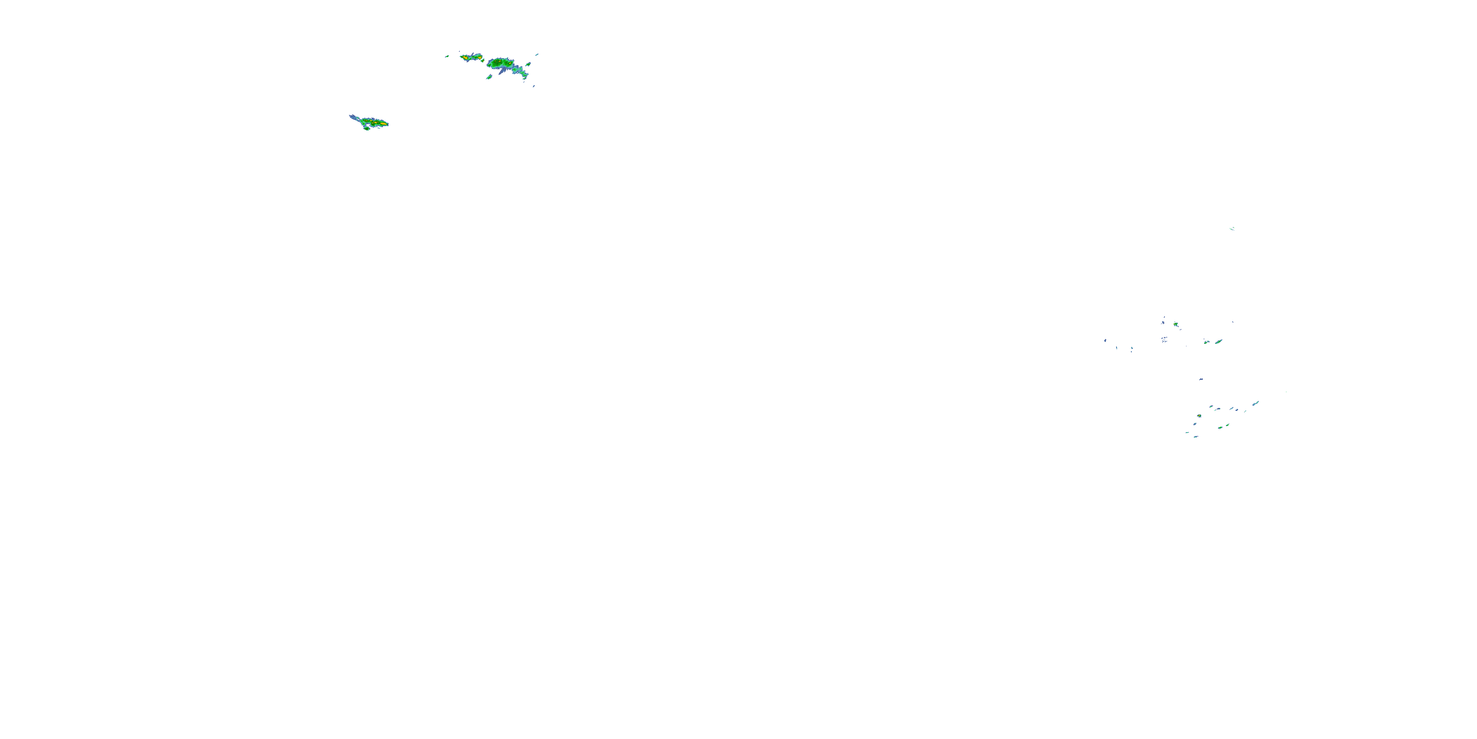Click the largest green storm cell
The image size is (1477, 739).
(x=502, y=63)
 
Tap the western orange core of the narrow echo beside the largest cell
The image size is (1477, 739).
(x=464, y=57)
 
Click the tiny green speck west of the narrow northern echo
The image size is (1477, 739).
(x=447, y=56)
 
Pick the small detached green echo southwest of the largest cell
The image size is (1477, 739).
(x=489, y=77)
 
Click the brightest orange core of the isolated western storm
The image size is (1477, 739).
(x=381, y=123)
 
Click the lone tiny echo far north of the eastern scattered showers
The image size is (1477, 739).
(x=1232, y=229)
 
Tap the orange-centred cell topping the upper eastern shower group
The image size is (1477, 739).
(x=1175, y=325)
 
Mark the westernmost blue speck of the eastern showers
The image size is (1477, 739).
(x=1105, y=341)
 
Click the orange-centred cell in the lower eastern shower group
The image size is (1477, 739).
(x=1199, y=416)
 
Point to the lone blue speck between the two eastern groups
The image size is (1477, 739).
(x=1201, y=379)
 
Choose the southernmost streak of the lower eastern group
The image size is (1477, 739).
(x=1195, y=437)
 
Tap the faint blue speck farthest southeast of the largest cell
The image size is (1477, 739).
(x=534, y=86)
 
